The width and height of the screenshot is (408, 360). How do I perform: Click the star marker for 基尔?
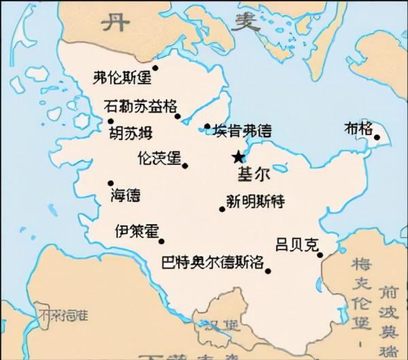pyautogui.click(x=237, y=158)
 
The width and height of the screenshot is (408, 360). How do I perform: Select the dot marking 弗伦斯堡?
pyautogui.click(x=155, y=67)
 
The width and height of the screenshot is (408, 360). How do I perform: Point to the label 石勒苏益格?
pyautogui.click(x=139, y=106)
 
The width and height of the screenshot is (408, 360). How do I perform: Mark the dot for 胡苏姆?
pyautogui.click(x=111, y=121)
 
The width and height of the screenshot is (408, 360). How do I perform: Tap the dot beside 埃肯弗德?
pyautogui.click(x=207, y=126)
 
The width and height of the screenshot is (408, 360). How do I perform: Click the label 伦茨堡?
pyautogui.click(x=159, y=158)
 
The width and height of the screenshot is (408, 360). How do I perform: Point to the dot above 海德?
pyautogui.click(x=111, y=183)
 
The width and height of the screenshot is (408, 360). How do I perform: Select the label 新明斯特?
pyautogui.click(x=255, y=202)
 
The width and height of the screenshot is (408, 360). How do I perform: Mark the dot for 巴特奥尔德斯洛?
pyautogui.click(x=268, y=272)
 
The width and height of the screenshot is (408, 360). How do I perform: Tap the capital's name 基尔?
pyautogui.click(x=253, y=174)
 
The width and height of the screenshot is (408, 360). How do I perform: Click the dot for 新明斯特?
pyautogui.click(x=222, y=209)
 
